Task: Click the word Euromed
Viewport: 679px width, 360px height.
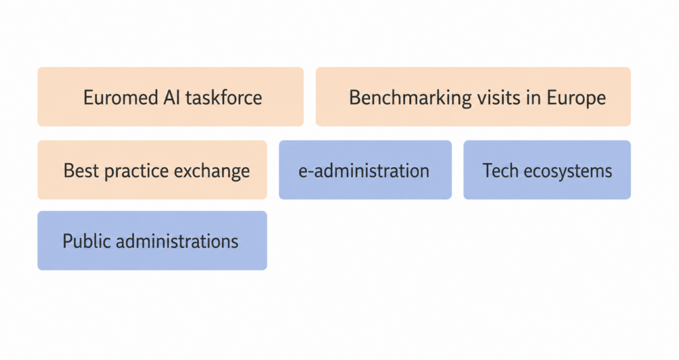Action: point(121,97)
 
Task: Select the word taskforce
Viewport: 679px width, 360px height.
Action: point(224,97)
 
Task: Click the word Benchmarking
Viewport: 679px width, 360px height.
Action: point(410,98)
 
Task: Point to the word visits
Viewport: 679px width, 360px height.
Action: point(499,97)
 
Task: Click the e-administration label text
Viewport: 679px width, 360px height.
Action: point(364,170)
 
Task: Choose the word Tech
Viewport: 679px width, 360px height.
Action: point(501,170)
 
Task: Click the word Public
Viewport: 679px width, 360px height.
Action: point(87,241)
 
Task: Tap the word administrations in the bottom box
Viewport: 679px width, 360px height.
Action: point(177,241)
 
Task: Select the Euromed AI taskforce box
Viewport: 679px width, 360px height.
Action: point(170,97)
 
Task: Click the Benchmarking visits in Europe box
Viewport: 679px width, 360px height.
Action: point(473,97)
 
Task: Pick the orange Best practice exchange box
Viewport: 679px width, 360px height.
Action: point(153,170)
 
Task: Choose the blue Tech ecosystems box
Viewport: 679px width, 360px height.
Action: point(547,170)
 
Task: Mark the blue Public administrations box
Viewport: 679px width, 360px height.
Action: point(153,241)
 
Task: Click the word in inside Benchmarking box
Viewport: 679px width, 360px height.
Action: point(534,97)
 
